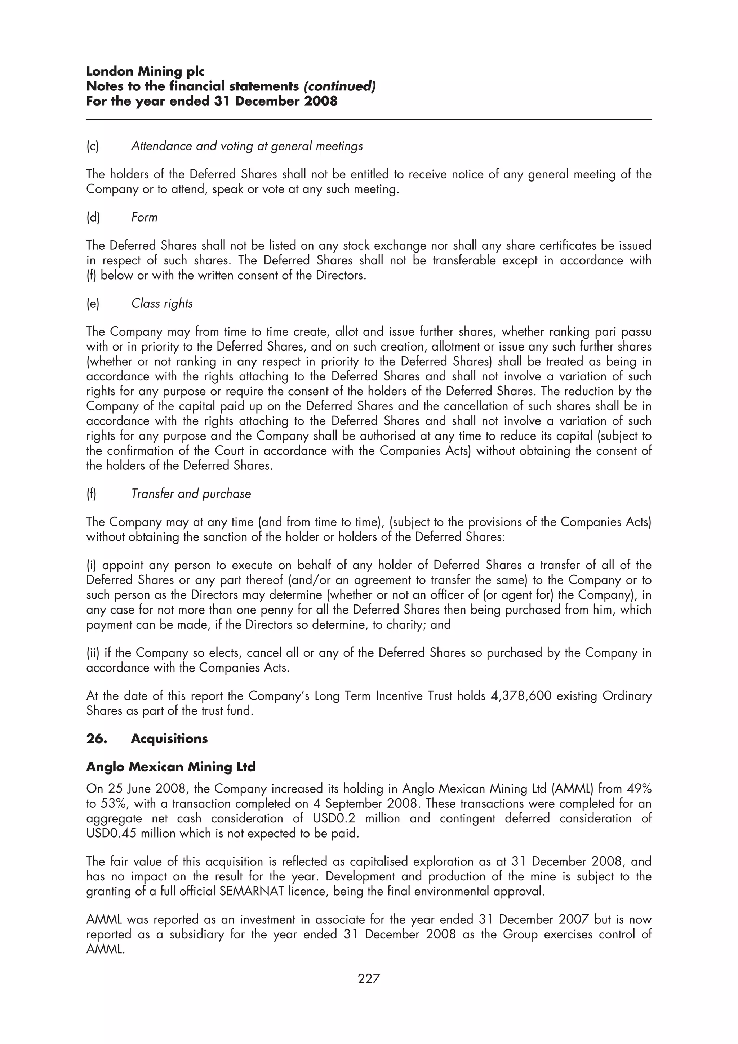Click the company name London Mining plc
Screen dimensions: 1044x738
145,71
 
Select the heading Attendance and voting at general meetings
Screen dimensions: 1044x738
247,146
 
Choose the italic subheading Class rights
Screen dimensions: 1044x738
162,303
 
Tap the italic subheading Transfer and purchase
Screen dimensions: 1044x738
191,494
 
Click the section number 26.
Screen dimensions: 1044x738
97,739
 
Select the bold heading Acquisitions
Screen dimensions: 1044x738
169,739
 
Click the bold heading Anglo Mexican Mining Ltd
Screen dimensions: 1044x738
170,767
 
